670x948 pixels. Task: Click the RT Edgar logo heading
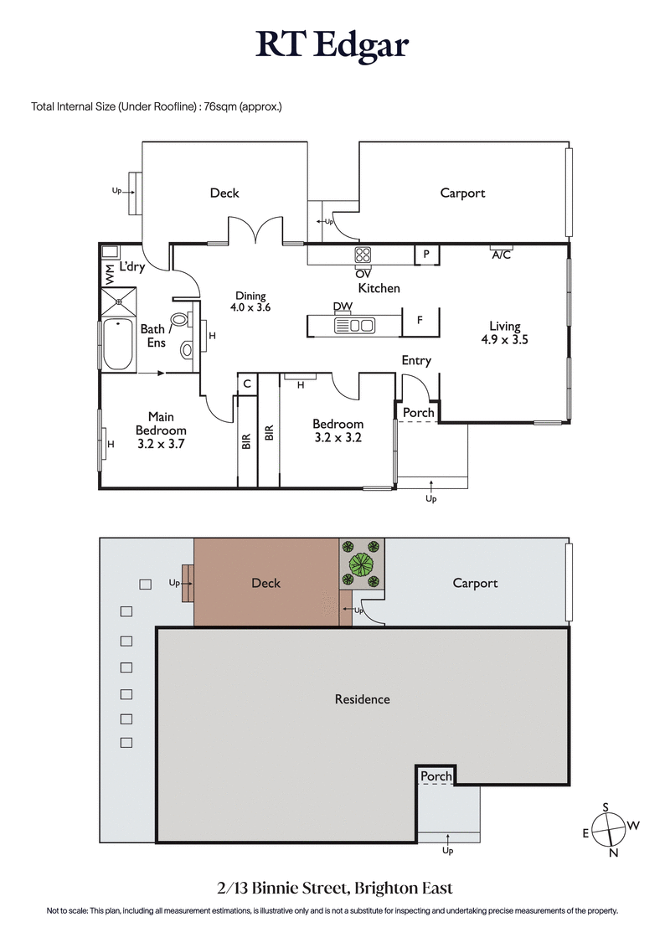coord(332,46)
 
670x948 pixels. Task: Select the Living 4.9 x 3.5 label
coord(504,333)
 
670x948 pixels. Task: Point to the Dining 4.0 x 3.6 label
coord(250,301)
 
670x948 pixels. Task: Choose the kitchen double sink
coord(360,326)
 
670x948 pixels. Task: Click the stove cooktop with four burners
coord(364,255)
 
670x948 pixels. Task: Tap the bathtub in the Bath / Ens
coord(117,344)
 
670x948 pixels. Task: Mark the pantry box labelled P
coord(426,254)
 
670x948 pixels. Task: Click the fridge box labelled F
coord(420,321)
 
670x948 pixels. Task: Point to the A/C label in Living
coord(501,255)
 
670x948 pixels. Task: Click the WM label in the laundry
coord(109,272)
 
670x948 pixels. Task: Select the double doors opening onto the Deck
coord(257,230)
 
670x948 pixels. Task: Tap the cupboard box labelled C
coord(247,384)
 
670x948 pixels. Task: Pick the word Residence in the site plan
coord(362,699)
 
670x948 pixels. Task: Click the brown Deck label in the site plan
coord(265,583)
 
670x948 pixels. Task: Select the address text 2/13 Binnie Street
coord(334,888)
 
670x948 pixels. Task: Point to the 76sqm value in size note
coord(219,106)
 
